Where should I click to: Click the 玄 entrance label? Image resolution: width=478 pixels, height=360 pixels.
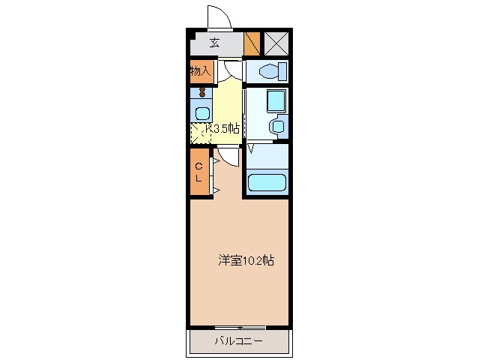[x=214, y=43]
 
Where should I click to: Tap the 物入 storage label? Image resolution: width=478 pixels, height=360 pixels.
[x=199, y=71]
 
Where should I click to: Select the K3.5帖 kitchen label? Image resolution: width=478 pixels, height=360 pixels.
[x=222, y=128]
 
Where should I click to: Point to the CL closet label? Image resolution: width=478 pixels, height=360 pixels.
[x=199, y=172]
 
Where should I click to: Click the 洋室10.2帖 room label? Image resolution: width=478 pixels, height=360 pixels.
[x=246, y=261]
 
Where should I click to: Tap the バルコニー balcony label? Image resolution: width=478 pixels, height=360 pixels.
[x=238, y=342]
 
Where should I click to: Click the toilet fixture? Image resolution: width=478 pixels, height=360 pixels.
[x=267, y=71]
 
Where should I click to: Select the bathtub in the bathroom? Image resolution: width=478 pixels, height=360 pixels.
[x=267, y=183]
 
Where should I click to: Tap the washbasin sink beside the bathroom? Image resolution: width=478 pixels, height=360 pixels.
[x=277, y=126]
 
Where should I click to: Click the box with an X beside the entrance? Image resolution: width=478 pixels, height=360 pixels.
[x=276, y=43]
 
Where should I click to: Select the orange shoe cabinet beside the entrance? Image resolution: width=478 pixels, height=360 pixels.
[x=252, y=43]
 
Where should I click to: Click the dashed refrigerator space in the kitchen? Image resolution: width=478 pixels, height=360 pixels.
[x=200, y=134]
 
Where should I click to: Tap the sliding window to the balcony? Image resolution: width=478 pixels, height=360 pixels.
[x=240, y=328]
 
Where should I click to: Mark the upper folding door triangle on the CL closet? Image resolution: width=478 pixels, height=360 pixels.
[x=215, y=159]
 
